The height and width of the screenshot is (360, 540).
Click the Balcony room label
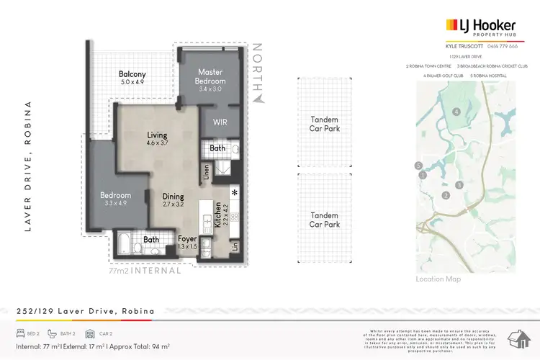tap(132, 73)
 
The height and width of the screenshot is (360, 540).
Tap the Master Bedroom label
tap(210, 76)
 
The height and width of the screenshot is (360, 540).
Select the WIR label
tap(220, 122)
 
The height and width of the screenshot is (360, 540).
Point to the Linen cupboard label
tap(206, 171)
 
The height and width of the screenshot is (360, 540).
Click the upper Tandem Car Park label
tap(325, 123)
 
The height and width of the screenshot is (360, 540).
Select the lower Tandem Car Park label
tap(325, 219)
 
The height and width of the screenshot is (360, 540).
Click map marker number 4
tap(456, 112)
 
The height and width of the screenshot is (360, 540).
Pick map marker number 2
tap(446, 195)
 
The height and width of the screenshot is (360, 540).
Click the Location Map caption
tap(438, 279)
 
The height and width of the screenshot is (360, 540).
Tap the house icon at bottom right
tap(519, 338)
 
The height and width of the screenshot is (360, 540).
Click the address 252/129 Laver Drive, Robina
tap(85, 311)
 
